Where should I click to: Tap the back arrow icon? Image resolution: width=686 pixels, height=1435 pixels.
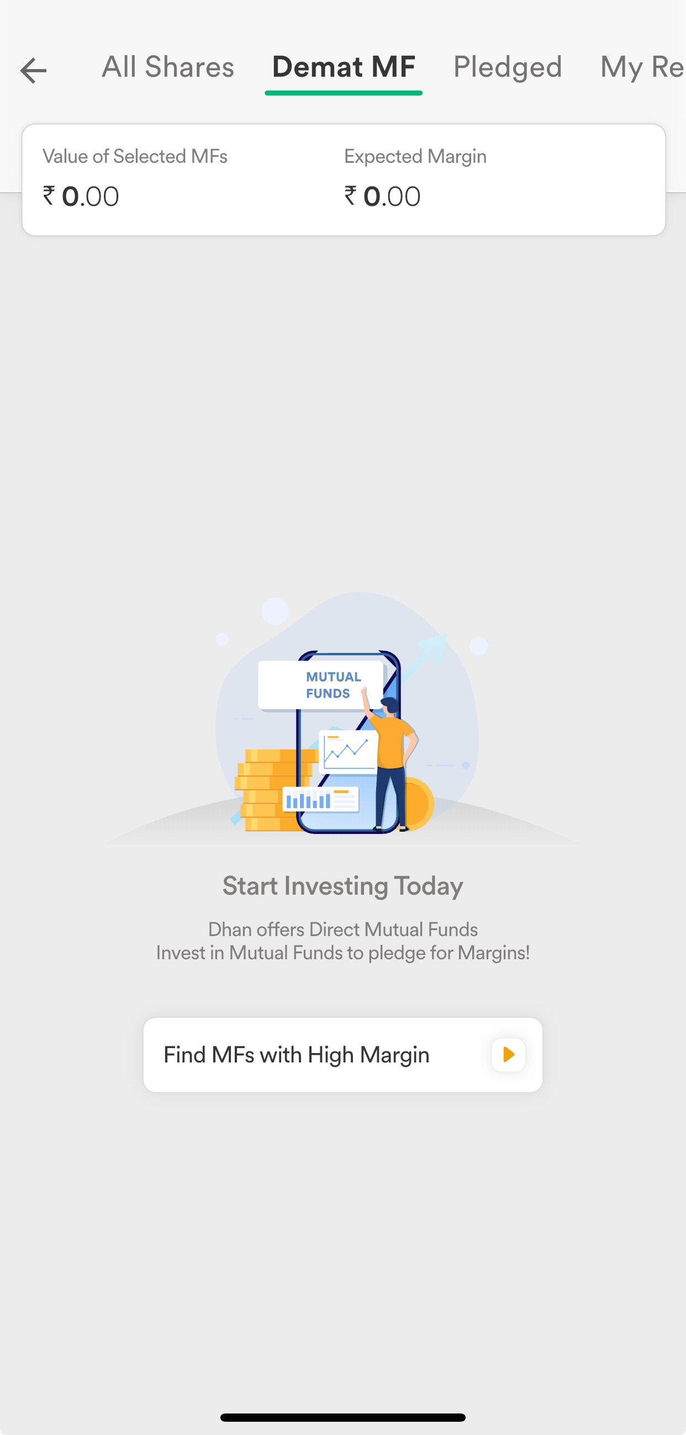click(33, 71)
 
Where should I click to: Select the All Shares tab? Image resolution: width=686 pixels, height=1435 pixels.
click(168, 67)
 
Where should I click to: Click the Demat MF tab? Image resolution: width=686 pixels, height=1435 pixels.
click(344, 67)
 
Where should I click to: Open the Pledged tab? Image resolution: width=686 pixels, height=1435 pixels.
click(508, 67)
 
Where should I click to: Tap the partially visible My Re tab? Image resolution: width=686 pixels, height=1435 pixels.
click(642, 67)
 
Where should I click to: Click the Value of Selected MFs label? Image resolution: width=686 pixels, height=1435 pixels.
click(135, 157)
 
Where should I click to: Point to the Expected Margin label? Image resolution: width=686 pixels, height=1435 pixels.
click(415, 157)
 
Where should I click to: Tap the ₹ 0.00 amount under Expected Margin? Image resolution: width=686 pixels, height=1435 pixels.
click(382, 196)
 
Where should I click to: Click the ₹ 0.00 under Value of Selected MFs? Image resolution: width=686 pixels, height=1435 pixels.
click(81, 196)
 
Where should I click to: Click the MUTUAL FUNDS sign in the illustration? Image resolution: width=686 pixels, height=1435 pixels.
click(321, 685)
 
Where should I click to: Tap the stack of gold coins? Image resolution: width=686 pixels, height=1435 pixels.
click(273, 790)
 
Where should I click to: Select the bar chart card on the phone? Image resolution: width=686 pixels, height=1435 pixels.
click(320, 800)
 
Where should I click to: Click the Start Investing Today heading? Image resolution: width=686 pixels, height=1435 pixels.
click(342, 886)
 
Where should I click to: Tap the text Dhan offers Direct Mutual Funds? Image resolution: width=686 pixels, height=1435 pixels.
click(342, 929)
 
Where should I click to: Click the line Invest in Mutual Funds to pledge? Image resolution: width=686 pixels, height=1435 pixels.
click(342, 953)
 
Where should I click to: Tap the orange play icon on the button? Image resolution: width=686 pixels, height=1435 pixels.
click(508, 1055)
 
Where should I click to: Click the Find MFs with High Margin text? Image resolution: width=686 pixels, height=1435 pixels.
click(297, 1055)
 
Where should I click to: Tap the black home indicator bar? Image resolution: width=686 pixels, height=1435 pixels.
click(342, 1417)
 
